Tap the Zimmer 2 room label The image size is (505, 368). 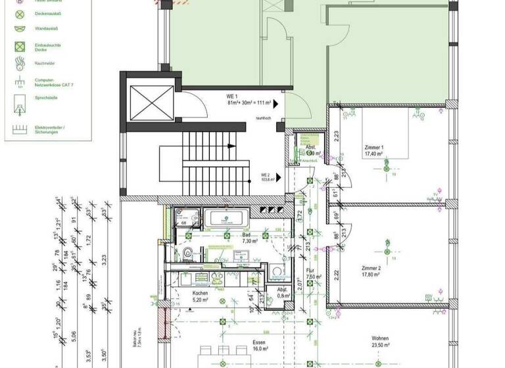(x=372, y=271)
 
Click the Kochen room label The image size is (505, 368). (x=200, y=296)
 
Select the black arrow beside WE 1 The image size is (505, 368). (x=277, y=103)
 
